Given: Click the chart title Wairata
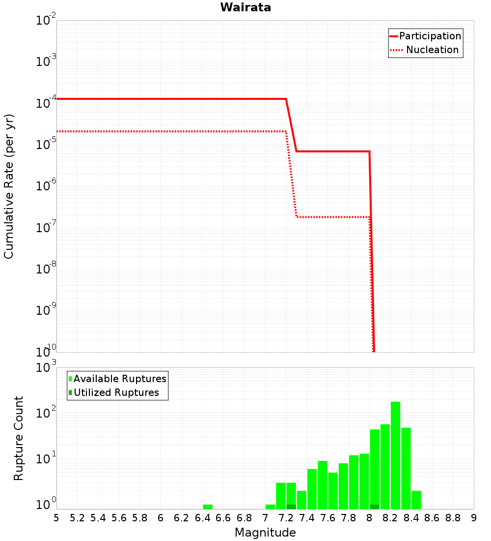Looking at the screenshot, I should coord(245,7).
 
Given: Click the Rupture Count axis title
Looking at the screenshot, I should coord(19,438).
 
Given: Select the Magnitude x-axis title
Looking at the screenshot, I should coord(265,533).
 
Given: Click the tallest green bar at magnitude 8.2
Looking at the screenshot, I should coord(395,455).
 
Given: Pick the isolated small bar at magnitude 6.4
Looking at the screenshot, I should coord(208,507).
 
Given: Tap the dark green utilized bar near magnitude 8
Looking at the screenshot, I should coord(375,507).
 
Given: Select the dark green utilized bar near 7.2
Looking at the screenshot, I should coord(291,507).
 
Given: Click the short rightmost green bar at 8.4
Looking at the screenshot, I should coord(416,500).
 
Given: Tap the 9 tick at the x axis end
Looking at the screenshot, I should coord(473,518).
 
